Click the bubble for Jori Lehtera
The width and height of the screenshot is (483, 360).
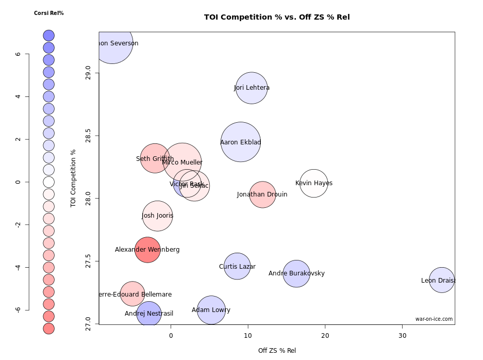252,88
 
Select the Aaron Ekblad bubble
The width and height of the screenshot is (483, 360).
241,142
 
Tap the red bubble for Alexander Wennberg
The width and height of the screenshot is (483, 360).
147,250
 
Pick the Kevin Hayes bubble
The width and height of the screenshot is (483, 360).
314,183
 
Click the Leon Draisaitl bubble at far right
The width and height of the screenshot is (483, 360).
442,280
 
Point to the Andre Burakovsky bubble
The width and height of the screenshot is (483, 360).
296,273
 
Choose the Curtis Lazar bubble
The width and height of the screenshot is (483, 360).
237,266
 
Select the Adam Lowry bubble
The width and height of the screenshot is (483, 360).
211,310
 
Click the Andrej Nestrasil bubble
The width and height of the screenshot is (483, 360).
149,313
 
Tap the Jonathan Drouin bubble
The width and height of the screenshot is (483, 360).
262,194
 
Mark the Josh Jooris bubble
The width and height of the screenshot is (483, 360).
158,216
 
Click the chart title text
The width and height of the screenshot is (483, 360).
277,17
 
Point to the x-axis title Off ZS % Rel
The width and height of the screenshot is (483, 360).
277,351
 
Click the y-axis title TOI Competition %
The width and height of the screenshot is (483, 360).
73,178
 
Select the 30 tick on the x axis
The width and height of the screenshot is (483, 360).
403,335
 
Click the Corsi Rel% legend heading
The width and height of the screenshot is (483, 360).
48,13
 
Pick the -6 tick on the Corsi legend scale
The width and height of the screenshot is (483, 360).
18,309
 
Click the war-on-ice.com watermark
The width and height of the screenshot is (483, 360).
434,319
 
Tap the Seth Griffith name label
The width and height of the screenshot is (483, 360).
155,159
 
